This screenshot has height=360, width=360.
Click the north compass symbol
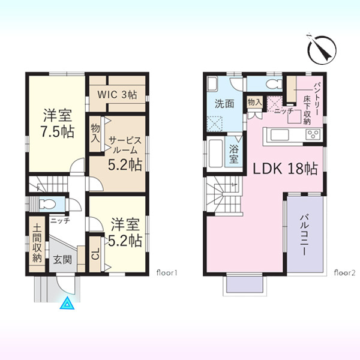322,49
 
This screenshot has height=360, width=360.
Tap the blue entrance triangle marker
67,303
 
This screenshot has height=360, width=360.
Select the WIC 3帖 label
118,94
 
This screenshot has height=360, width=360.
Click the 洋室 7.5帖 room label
58,124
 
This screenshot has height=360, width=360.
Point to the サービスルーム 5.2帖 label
125,153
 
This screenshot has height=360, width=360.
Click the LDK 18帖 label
286,169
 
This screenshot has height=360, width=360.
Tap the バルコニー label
304,235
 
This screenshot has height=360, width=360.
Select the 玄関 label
62,260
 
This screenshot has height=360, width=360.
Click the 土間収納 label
37,244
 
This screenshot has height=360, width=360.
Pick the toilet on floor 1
47,203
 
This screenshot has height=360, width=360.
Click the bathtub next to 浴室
216,153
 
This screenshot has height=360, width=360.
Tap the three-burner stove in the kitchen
313,134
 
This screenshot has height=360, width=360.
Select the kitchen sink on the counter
280,135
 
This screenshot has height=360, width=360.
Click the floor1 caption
167,273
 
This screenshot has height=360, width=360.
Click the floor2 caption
344,273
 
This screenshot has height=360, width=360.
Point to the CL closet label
96,254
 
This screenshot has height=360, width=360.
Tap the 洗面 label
224,104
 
